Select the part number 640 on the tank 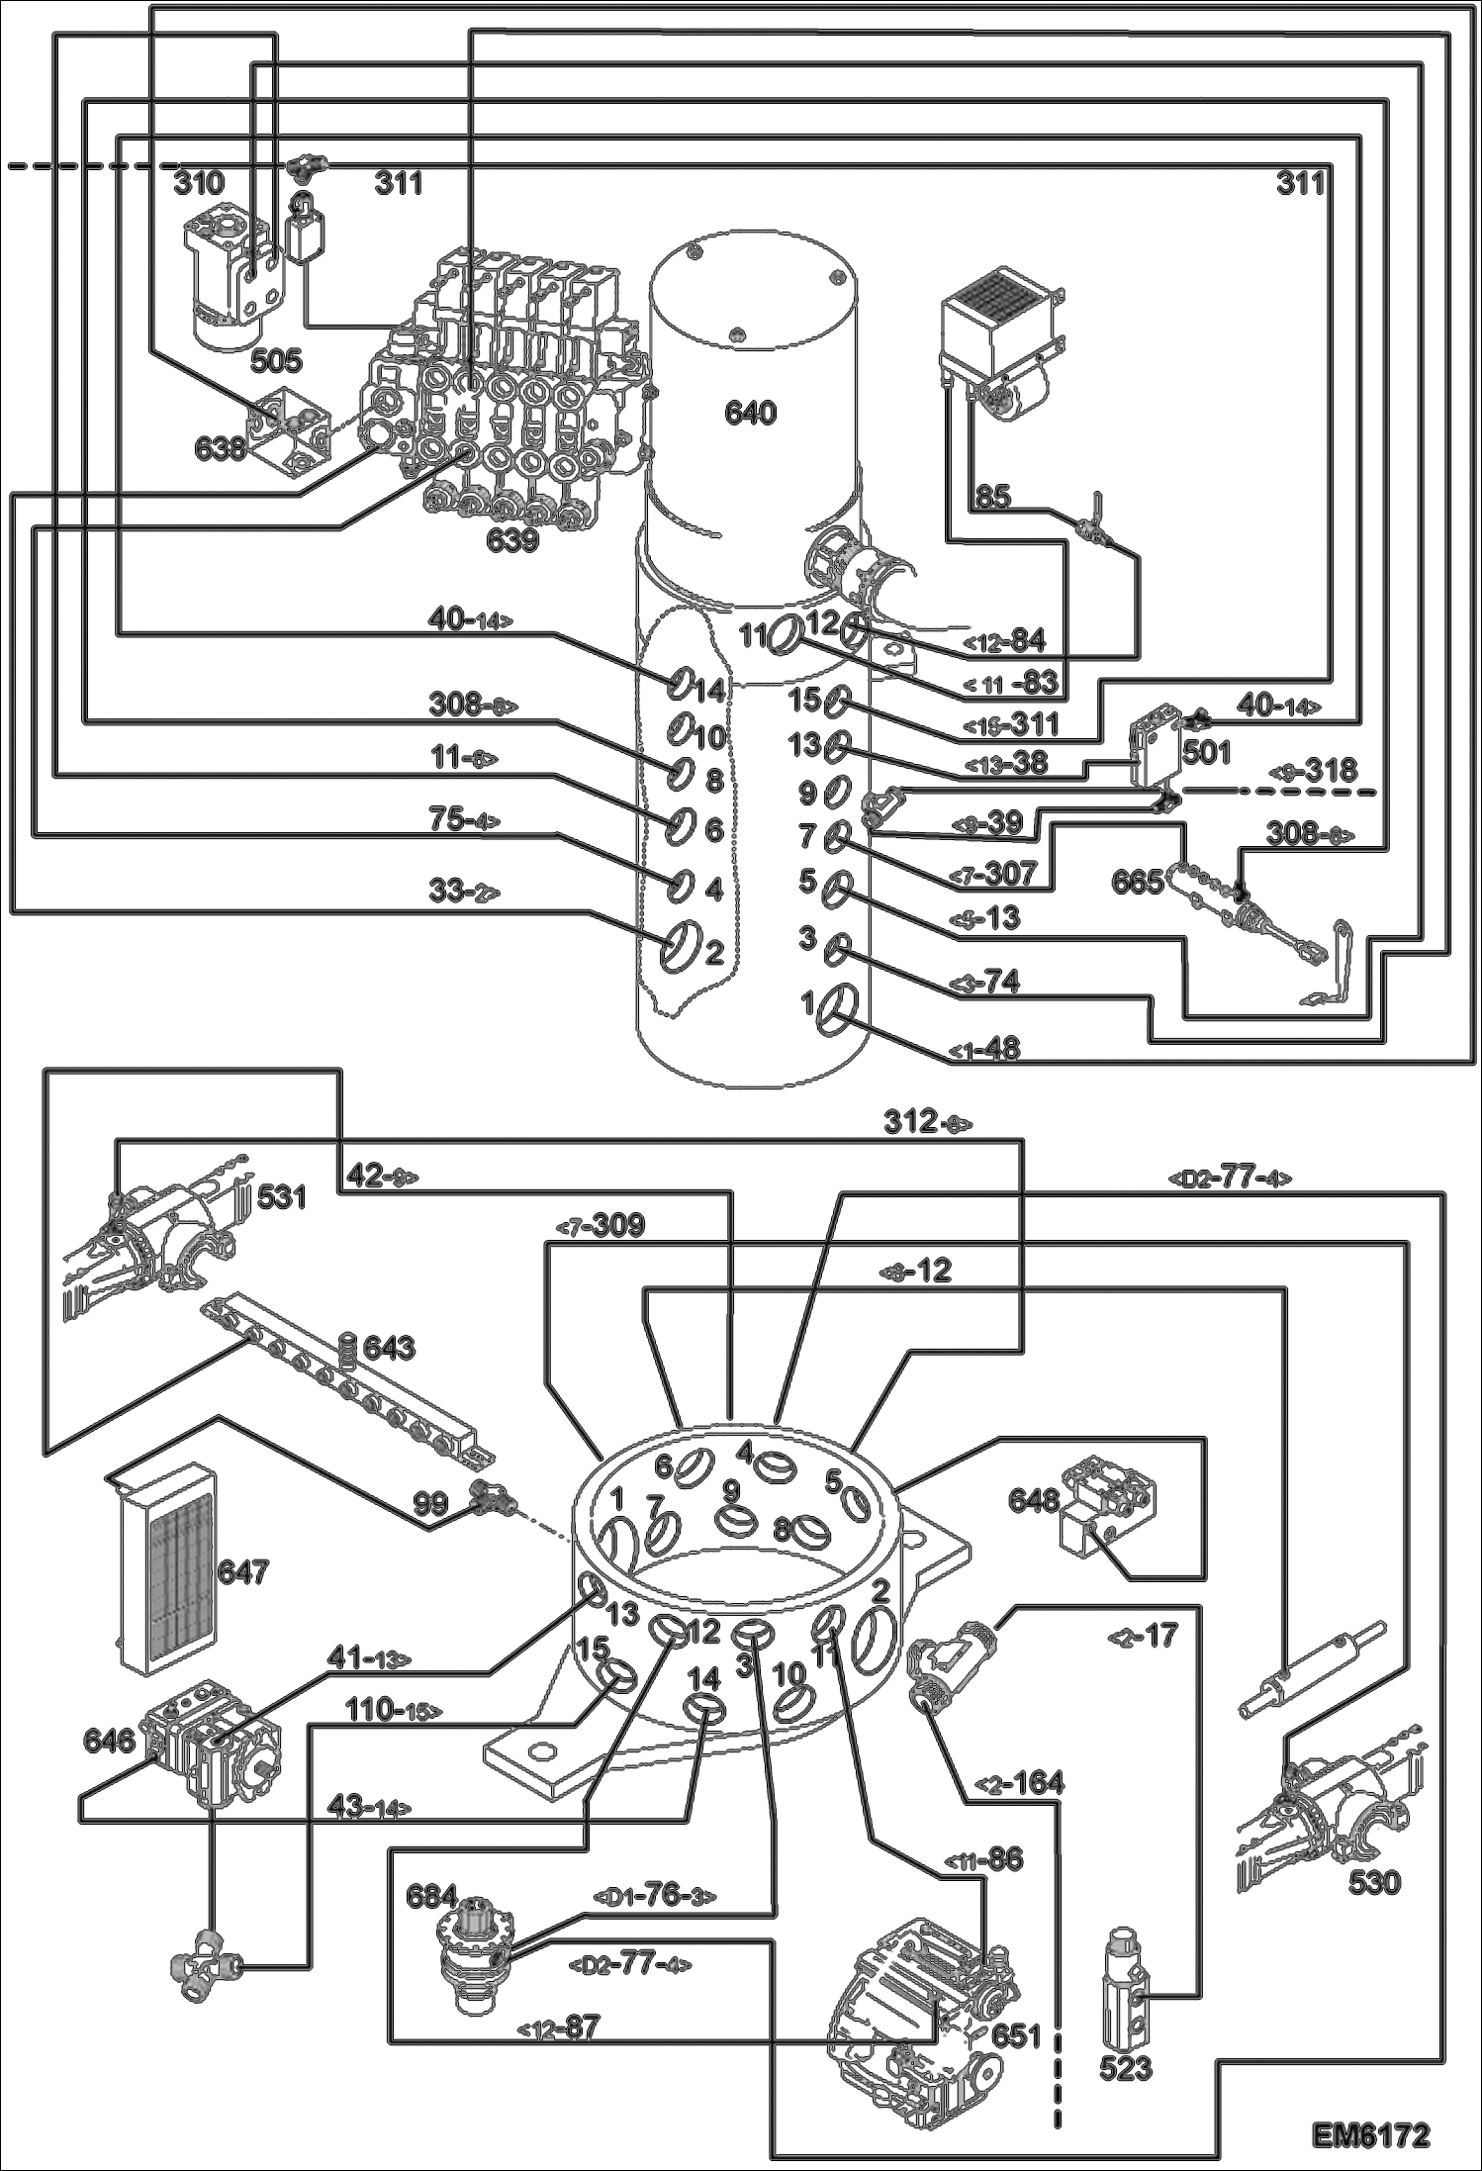(750, 413)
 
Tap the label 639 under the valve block (512, 540)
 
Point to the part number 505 (275, 361)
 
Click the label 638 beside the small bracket (220, 448)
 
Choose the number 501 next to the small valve (1207, 753)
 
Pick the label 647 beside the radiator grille (242, 1570)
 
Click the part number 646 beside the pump (109, 1741)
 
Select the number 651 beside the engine (1016, 2035)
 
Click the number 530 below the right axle (1374, 1881)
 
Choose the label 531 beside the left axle (282, 1198)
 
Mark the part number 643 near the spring (389, 1348)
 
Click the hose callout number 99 (430, 1505)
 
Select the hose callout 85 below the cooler (992, 496)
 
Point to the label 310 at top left (199, 182)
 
